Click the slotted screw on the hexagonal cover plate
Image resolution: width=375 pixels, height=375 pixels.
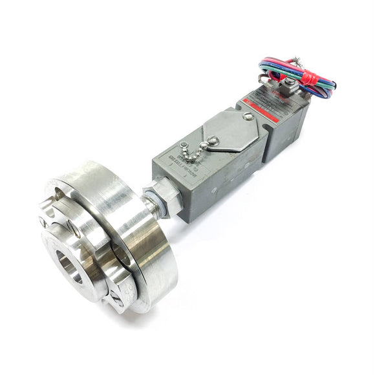[248, 117]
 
